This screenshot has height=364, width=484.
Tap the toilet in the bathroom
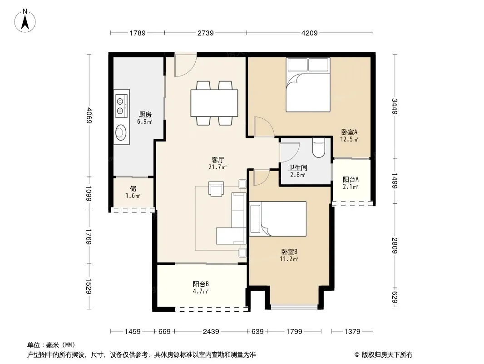(x=319, y=148)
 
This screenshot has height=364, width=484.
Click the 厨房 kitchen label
(x=145, y=114)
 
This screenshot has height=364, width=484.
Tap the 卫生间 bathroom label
(x=297, y=167)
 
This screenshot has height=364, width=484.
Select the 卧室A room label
(x=349, y=132)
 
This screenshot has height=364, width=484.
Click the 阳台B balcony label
(x=201, y=284)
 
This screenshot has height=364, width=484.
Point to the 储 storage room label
(x=133, y=188)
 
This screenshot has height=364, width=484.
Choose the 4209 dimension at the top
(x=309, y=33)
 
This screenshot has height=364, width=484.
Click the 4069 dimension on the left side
(x=89, y=115)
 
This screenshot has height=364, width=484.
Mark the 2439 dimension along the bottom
(x=211, y=332)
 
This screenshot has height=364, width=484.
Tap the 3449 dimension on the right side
(x=395, y=106)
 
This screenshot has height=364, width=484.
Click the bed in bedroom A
(x=308, y=85)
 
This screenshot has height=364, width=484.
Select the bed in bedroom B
(x=278, y=219)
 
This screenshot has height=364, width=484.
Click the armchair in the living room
(x=216, y=189)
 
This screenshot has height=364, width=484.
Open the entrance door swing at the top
(x=186, y=66)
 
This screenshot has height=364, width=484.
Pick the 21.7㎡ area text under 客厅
(x=217, y=167)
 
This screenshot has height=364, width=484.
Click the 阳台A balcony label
(x=351, y=179)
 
